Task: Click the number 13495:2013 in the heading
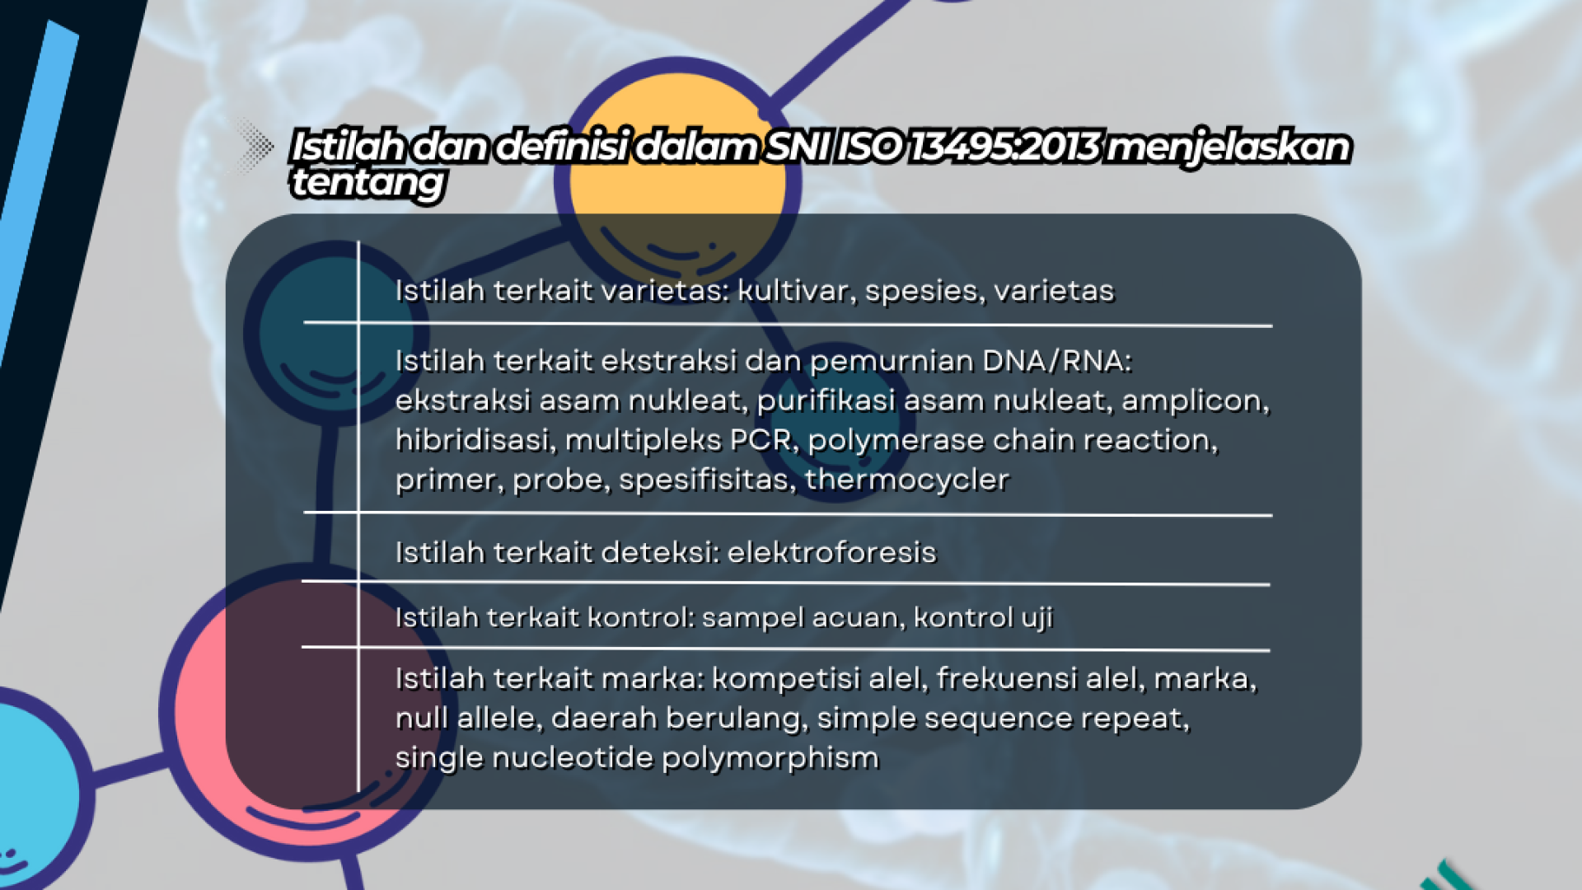pos(1003,147)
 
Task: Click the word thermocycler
pos(907,480)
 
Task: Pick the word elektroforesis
pos(831,552)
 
